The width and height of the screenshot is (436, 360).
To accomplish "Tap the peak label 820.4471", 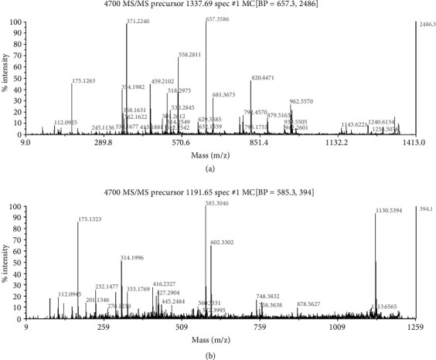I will click(x=267, y=78).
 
